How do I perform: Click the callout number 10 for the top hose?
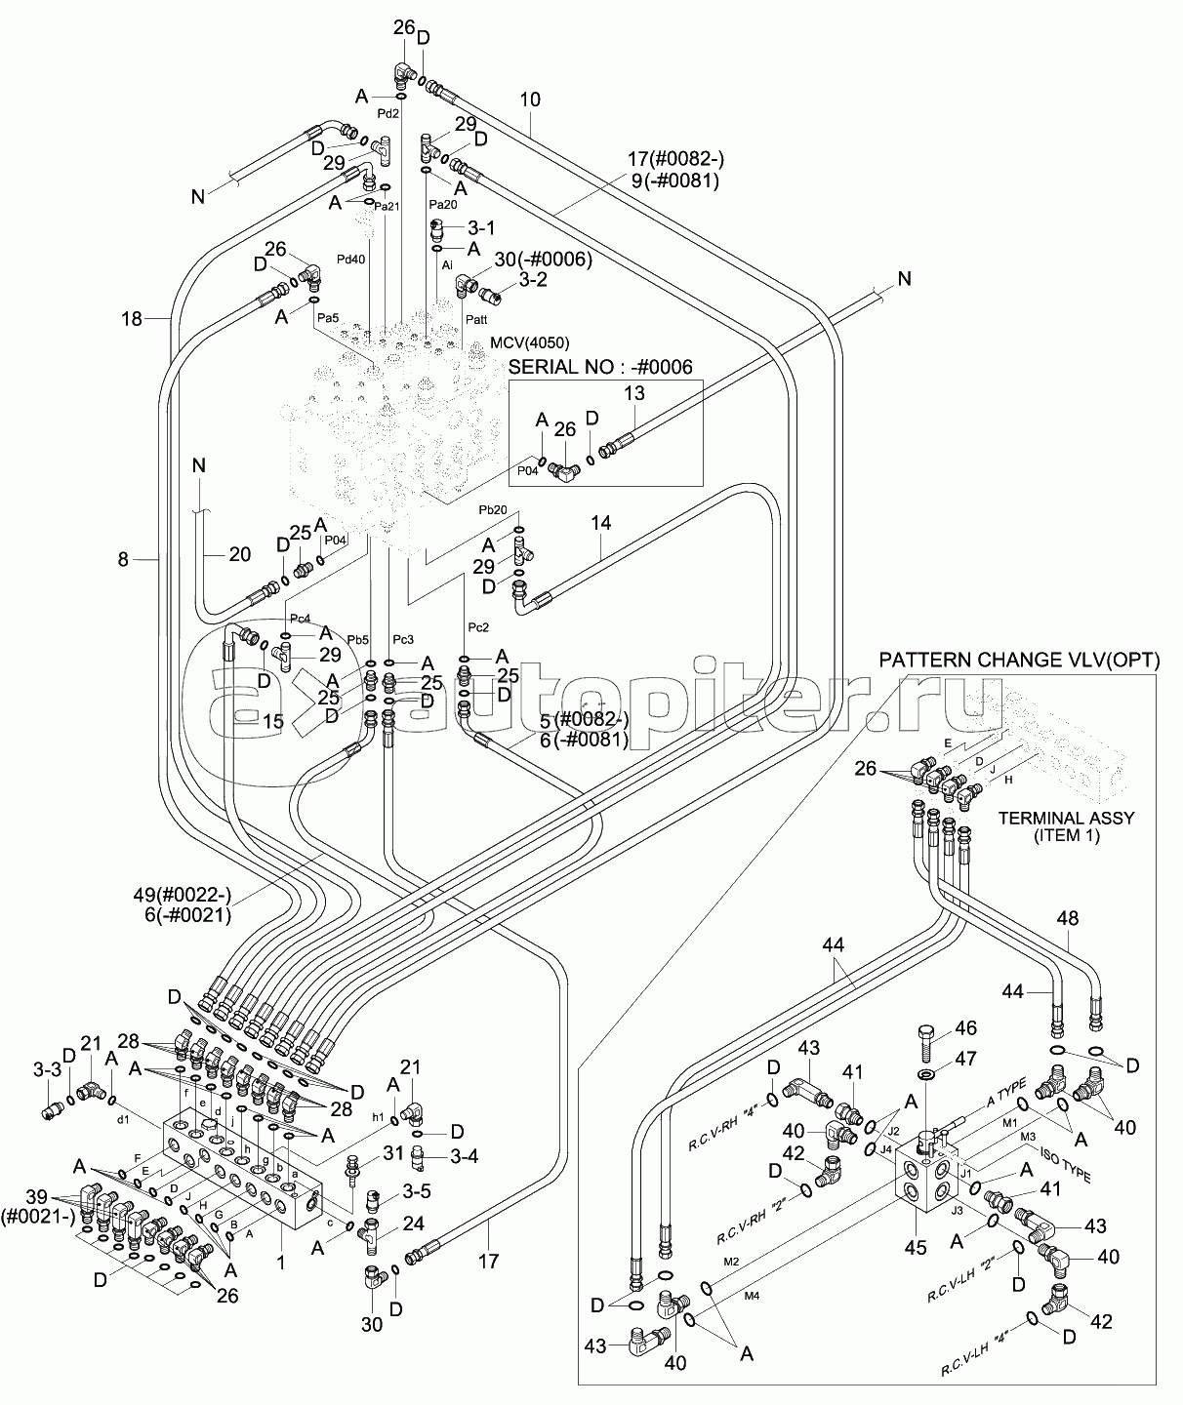[x=530, y=100]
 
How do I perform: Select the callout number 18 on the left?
[x=132, y=318]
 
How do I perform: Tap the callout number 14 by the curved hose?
[x=600, y=523]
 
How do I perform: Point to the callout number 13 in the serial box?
[x=634, y=393]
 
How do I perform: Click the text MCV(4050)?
[x=531, y=342]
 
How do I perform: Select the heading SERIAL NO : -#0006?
[x=600, y=366]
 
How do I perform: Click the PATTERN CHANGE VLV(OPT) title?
[x=1019, y=661]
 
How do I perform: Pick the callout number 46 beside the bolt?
[x=965, y=1027]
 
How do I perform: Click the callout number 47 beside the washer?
[x=965, y=1058]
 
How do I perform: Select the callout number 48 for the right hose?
[x=1067, y=918]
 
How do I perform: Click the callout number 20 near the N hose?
[x=239, y=554]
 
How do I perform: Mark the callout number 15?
[x=273, y=722]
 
